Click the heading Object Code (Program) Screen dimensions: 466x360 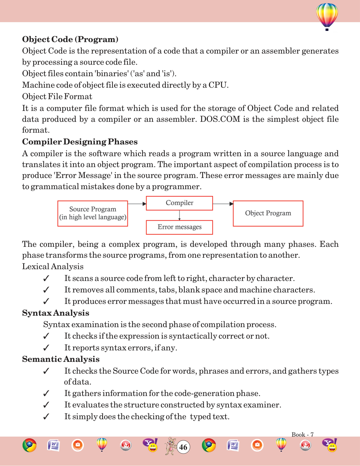tap(70, 39)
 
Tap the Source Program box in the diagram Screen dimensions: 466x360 tap(93, 213)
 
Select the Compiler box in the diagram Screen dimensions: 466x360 tap(179, 203)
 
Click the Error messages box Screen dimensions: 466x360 tap(179, 227)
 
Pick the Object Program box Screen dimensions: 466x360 tap(268, 213)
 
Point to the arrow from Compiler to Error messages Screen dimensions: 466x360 tap(179, 215)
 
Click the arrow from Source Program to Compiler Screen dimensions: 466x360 tap(137, 204)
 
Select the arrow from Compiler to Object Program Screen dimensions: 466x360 tap(223, 204)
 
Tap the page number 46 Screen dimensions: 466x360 tap(183, 447)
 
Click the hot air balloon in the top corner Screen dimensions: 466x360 tap(327, 16)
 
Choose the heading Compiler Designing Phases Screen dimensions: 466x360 tap(80, 142)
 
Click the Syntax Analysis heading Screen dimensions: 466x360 tap(56, 313)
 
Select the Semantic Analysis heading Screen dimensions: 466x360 tap(61, 359)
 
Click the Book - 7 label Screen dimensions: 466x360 tap(302, 435)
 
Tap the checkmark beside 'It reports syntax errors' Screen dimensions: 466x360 tap(46, 348)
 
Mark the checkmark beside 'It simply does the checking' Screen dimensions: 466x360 tap(46, 417)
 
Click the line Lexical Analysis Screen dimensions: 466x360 tap(53, 267)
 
